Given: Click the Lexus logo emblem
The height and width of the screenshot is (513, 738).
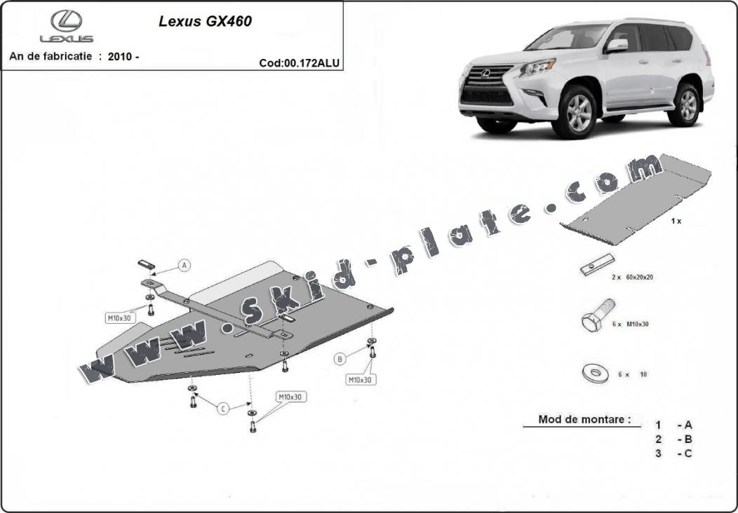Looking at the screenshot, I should coord(66,21).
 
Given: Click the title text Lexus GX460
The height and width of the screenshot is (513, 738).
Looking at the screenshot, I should coord(205,21).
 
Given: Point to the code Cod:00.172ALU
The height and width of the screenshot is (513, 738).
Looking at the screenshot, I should coord(300,62).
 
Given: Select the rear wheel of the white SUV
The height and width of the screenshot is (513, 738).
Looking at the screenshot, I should coord(685,106).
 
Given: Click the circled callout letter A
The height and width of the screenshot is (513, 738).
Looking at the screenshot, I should coord(184,265).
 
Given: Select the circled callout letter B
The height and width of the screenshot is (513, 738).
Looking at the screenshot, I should coord(340,359).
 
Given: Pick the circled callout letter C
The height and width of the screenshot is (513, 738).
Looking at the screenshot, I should coord(222,409).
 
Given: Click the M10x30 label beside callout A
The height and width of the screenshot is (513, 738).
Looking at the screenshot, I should coord(119,317).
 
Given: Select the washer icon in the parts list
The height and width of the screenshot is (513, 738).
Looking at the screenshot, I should coord(595,373).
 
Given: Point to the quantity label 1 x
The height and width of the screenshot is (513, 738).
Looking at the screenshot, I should coord(676,221).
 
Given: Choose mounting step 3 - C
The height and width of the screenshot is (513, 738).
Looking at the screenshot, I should coord(674,453).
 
